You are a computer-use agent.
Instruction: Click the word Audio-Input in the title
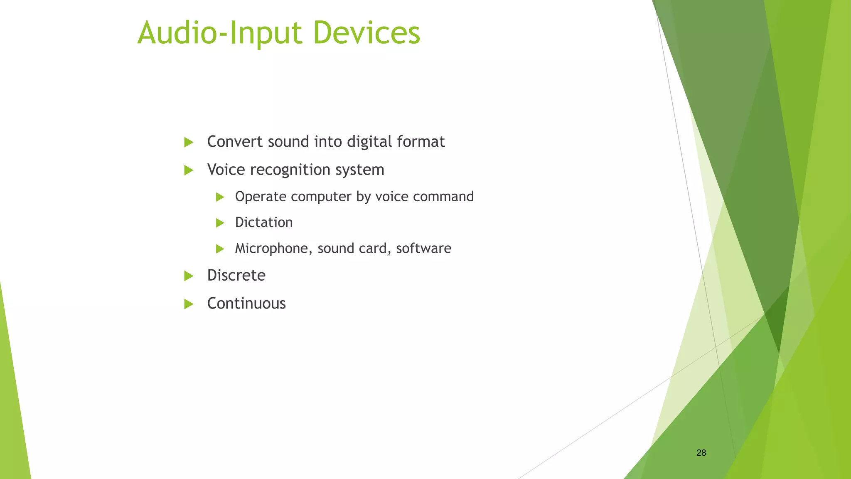[x=219, y=33]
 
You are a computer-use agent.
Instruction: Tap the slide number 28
[x=701, y=453]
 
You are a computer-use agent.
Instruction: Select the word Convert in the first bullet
[x=235, y=142]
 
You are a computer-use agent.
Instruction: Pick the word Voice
[x=224, y=170]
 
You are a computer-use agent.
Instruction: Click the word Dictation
[x=264, y=222]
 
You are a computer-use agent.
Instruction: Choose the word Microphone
[x=273, y=249]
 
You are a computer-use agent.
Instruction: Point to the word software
[x=423, y=248]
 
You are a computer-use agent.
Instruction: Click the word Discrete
[x=236, y=275]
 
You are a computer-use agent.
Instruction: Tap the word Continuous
[x=246, y=304]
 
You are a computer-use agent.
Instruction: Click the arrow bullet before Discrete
[x=189, y=276]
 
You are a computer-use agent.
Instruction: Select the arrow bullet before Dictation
[x=220, y=223]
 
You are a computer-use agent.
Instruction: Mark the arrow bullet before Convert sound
[x=189, y=142]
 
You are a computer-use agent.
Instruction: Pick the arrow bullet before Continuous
[x=189, y=304]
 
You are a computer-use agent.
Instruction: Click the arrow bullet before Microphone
[x=220, y=249]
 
